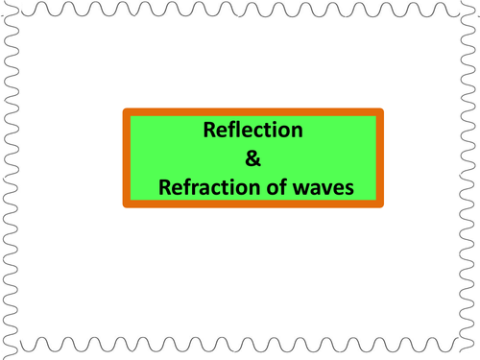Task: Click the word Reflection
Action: point(252,130)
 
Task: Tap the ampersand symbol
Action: point(252,158)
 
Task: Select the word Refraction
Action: point(210,187)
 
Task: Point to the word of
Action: point(276,187)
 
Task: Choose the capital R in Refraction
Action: point(165,187)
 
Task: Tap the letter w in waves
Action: point(302,188)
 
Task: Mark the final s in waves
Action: point(348,188)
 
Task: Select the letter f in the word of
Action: point(283,187)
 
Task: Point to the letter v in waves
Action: point(325,188)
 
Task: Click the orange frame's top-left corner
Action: point(123,108)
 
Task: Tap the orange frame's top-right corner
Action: point(383,108)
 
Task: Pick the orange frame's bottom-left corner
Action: point(123,207)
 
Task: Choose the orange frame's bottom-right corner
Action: point(383,207)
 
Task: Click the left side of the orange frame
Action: point(127,158)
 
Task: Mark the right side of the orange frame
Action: point(380,158)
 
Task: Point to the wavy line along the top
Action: point(240,9)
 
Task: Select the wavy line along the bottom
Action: point(240,345)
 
